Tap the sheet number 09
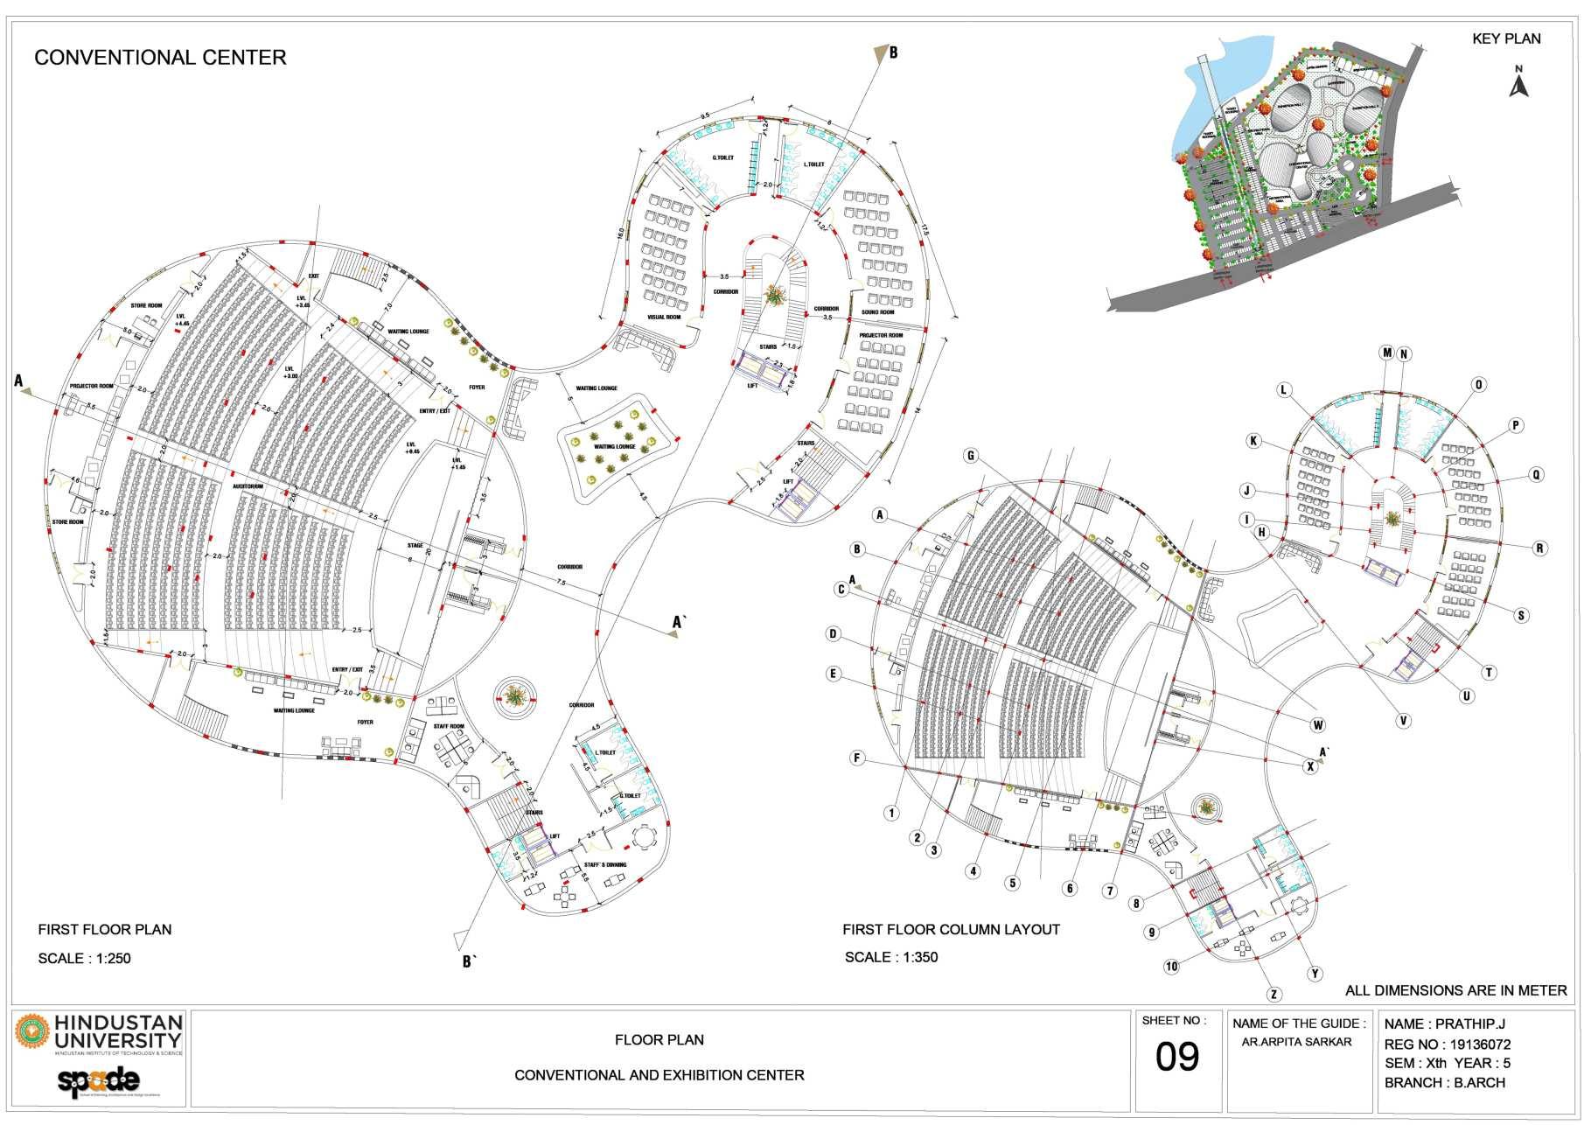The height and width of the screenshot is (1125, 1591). pos(1177,1058)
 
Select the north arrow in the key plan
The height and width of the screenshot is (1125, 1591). pos(1519,86)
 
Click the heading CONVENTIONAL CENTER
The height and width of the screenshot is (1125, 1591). pos(160,58)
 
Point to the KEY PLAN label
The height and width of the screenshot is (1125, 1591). pos(1506,38)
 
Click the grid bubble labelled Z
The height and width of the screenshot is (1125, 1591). pos(1274,995)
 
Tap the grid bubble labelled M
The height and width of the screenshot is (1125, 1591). pos(1386,353)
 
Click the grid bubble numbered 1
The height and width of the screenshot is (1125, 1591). pos(891,813)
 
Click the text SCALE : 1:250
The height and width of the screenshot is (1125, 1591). pos(84,958)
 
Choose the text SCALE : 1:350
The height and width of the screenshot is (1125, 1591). pos(890,957)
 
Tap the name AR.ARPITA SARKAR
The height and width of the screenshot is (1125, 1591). pos(1296,1042)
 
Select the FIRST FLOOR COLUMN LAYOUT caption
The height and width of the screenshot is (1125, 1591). pos(951,929)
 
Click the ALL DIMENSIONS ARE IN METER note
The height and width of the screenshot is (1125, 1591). pos(1455,990)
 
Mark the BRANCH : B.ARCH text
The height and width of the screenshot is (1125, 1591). pos(1445,1083)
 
